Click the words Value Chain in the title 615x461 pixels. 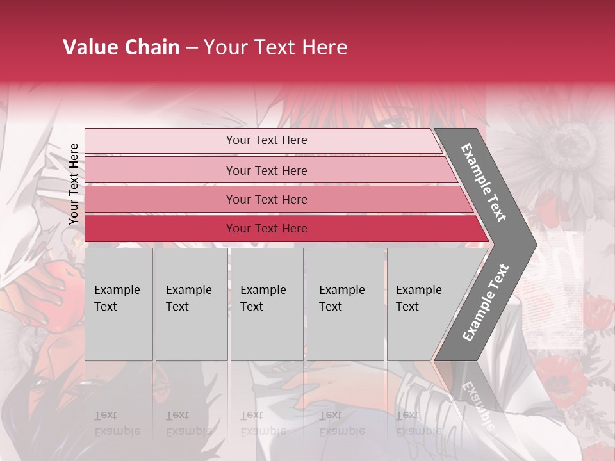(x=121, y=47)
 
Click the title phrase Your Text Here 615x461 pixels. (x=275, y=47)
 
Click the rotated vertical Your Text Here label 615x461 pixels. (x=74, y=184)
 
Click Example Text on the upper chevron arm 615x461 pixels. (x=484, y=182)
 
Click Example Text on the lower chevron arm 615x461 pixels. (x=486, y=302)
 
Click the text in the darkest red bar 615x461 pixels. (x=266, y=229)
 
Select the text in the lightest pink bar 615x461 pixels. (x=266, y=140)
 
